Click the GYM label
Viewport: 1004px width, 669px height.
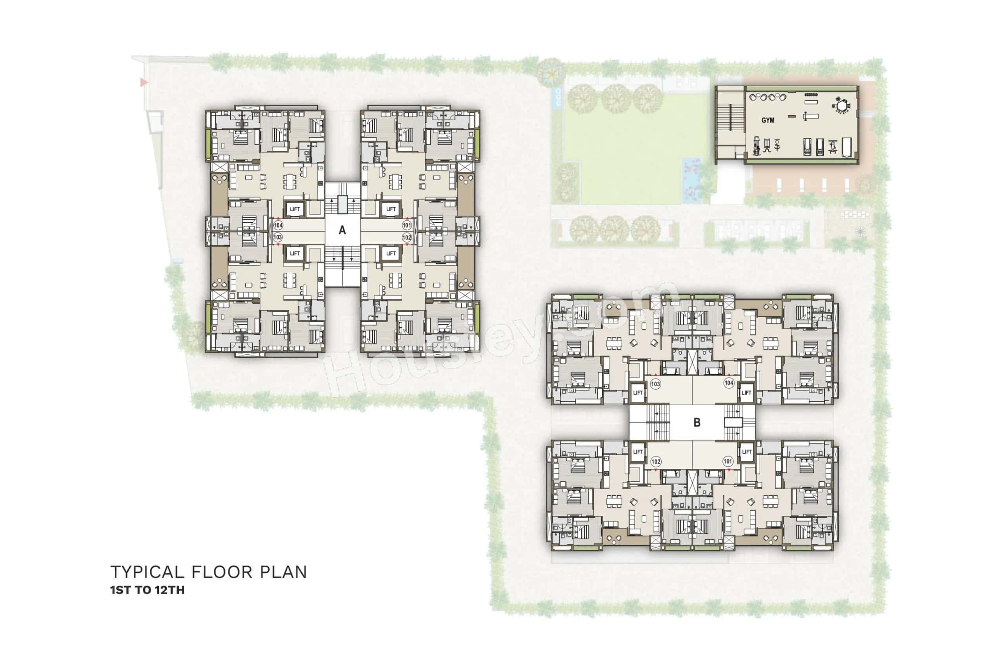point(768,120)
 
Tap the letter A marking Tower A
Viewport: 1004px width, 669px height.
point(342,230)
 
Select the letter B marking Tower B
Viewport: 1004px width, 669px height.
point(697,422)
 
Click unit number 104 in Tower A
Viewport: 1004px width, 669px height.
point(278,225)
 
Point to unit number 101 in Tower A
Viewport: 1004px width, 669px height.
point(406,225)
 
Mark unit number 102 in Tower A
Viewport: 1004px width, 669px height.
point(406,237)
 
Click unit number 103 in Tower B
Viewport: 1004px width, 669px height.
point(655,384)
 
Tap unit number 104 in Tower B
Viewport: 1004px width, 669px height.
point(729,383)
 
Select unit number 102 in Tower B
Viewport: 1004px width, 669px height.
point(656,462)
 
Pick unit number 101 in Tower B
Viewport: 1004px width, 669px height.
point(728,461)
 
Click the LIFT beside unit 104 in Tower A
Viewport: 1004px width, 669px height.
point(295,209)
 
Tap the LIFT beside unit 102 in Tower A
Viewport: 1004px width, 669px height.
point(391,254)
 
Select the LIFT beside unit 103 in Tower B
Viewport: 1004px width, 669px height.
point(638,393)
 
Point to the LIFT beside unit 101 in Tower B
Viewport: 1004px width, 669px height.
point(747,452)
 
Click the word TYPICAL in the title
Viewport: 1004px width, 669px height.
point(147,572)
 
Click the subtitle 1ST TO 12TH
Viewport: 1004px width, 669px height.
point(147,590)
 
